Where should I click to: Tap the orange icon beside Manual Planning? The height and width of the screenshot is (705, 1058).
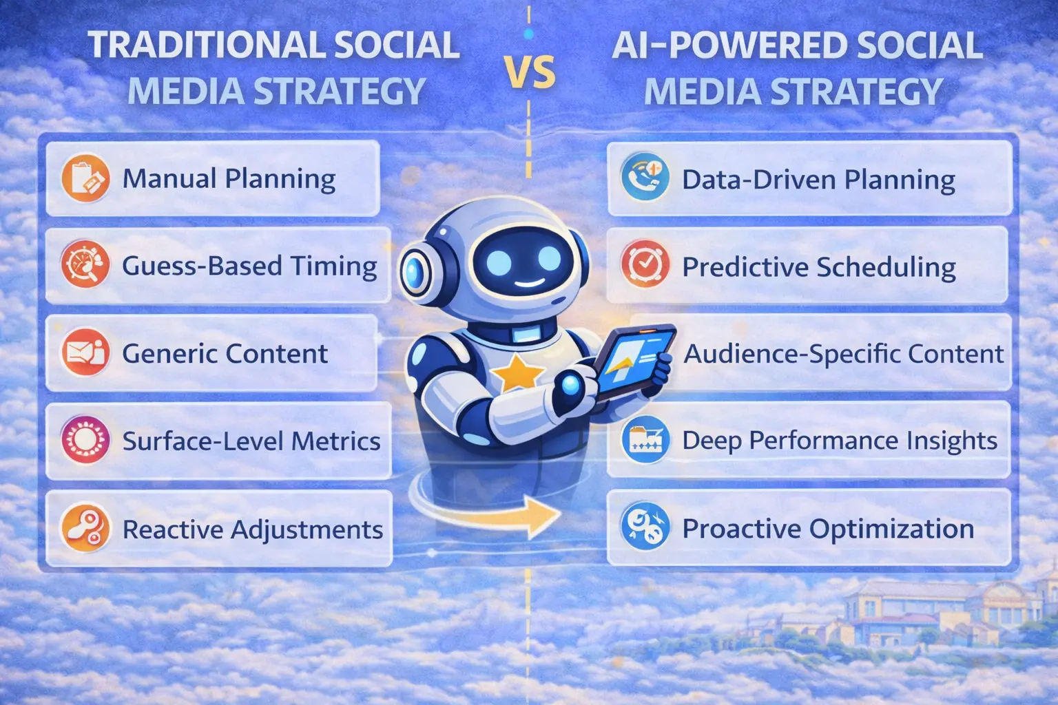85,178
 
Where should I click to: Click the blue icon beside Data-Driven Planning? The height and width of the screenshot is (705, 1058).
645,178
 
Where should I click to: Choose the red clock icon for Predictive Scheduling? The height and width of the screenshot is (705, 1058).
645,265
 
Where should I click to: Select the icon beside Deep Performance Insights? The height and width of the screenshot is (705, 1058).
645,440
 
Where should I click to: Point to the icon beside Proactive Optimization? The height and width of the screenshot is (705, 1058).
645,527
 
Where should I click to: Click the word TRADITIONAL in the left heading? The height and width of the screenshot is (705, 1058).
206,45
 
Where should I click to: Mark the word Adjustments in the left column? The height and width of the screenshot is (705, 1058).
307,529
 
